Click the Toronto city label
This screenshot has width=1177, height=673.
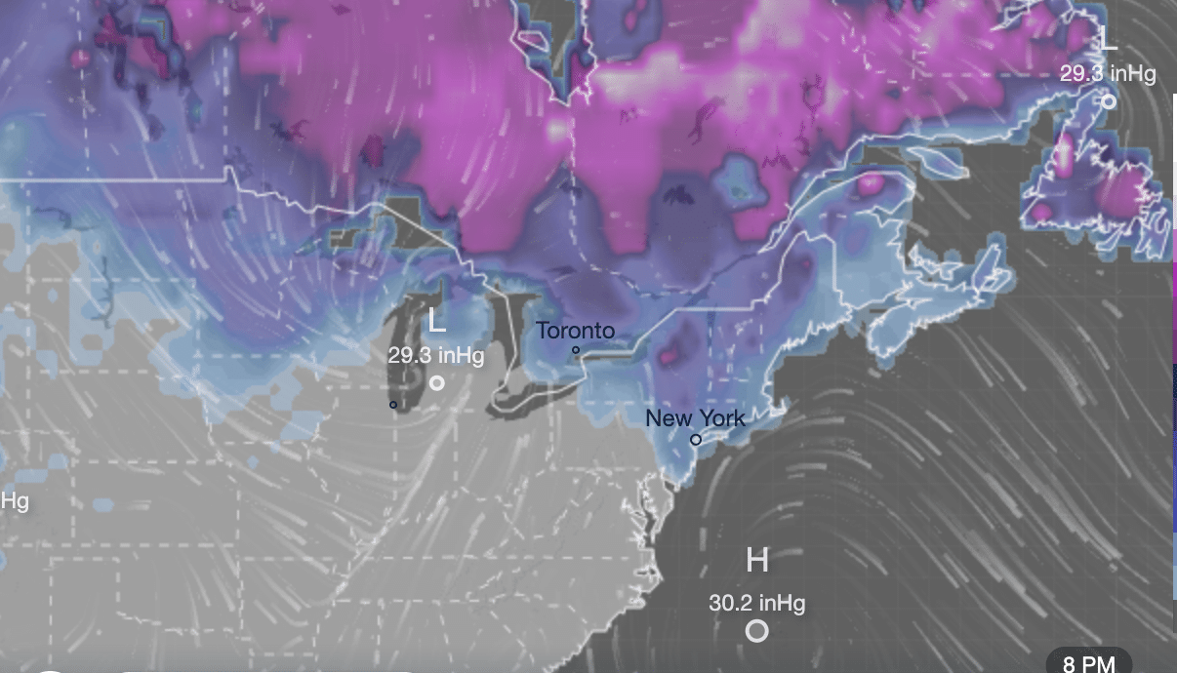pyautogui.click(x=576, y=331)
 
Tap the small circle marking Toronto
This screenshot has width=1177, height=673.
pyautogui.click(x=576, y=350)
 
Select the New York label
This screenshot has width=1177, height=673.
pyautogui.click(x=695, y=418)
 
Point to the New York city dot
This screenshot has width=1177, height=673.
pyautogui.click(x=696, y=440)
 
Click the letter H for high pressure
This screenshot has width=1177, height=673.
pyautogui.click(x=757, y=561)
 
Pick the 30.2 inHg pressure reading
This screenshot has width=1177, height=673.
pyautogui.click(x=757, y=604)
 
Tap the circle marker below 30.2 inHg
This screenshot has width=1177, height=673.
pyautogui.click(x=757, y=631)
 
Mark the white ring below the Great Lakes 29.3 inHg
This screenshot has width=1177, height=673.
pyautogui.click(x=437, y=383)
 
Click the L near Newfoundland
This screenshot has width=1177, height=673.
pyautogui.click(x=1109, y=40)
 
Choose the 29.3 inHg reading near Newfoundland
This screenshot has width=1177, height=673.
pyautogui.click(x=1109, y=74)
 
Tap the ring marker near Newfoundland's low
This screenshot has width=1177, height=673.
pyautogui.click(x=1109, y=101)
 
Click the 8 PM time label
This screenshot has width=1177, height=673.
pyautogui.click(x=1088, y=663)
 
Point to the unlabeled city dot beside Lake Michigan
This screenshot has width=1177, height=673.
pyautogui.click(x=393, y=404)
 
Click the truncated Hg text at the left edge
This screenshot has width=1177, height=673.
pyautogui.click(x=14, y=500)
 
